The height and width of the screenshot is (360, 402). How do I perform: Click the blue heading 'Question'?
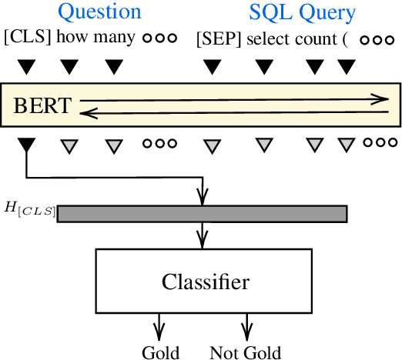[x=100, y=12]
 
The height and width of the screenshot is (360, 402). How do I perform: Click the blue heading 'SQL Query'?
[x=302, y=12]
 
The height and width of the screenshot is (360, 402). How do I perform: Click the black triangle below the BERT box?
[x=27, y=144]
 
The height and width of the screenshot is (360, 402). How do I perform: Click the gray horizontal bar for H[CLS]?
[x=202, y=213]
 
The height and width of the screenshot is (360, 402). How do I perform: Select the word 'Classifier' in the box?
[x=206, y=282]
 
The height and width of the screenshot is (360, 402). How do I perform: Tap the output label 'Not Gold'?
[x=245, y=352]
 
